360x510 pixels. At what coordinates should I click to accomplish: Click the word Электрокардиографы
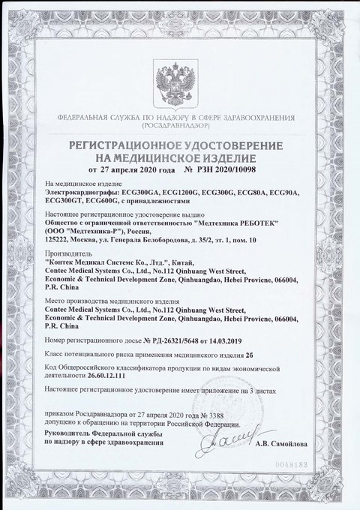(80, 193)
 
